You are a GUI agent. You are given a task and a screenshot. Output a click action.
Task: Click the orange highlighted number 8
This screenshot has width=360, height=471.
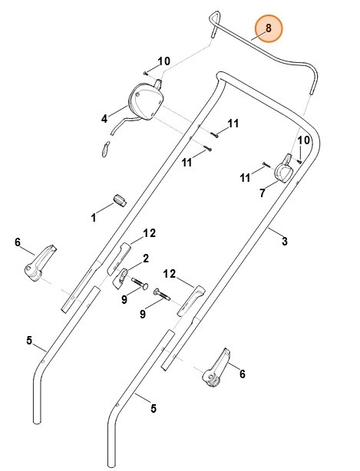[x=268, y=28]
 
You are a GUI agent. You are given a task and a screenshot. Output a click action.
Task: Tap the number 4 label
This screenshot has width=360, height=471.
[x=104, y=119]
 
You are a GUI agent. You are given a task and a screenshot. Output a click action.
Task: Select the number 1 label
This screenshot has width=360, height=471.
[x=94, y=218]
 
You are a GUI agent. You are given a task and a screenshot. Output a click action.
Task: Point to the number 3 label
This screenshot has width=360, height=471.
[x=284, y=242]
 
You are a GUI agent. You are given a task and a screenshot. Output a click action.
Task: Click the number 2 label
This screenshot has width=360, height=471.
[x=145, y=259]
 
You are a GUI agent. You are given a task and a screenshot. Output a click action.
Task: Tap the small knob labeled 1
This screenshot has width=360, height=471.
[x=119, y=200]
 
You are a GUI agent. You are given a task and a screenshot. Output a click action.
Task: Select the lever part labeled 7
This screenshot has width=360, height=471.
[x=286, y=169]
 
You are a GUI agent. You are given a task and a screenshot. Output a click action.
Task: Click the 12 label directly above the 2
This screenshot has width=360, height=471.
[x=149, y=233]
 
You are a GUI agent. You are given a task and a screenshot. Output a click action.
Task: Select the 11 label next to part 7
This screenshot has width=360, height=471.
[x=245, y=178]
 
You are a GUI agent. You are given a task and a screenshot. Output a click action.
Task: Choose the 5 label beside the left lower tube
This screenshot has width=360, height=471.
[x=29, y=341]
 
